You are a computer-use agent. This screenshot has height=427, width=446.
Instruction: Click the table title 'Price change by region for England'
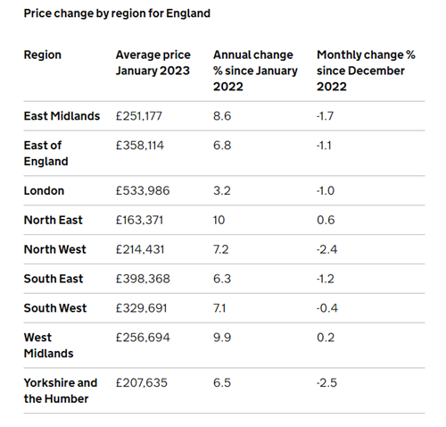pos(117,13)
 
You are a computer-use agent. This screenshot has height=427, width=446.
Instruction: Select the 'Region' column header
pos(43,55)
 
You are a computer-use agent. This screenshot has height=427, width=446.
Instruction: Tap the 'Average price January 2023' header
pos(153,63)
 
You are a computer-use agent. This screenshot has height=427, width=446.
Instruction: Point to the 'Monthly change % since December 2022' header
pos(366,71)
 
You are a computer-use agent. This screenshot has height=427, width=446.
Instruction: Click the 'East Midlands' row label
pos(62,116)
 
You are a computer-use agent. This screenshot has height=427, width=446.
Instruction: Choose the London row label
pos(44,190)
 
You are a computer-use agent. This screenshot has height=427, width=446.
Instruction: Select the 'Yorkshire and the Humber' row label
pos(61,390)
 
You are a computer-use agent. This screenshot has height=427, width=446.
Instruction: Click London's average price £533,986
pos(143,190)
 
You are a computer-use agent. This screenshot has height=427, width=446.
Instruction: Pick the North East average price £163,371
pos(139,220)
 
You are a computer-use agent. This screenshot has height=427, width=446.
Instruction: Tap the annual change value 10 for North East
pos(219,220)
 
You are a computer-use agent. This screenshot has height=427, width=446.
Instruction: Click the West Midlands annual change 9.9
pos(222,338)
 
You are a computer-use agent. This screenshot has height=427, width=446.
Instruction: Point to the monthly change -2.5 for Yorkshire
pos(326,383)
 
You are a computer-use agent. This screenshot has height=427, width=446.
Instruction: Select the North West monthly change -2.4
pos(326,249)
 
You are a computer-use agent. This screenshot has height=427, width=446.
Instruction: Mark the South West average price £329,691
pos(141,308)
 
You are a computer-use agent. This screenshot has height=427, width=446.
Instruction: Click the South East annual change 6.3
pos(222,279)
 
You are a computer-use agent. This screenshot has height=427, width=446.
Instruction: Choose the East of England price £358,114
pos(140,146)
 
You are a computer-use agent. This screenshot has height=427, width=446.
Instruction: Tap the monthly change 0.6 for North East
pos(326,220)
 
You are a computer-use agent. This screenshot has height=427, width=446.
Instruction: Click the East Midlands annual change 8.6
pos(222,116)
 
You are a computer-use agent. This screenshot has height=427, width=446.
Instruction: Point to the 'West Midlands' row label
pos(48,346)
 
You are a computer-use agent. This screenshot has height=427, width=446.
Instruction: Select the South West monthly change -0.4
pos(327,308)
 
